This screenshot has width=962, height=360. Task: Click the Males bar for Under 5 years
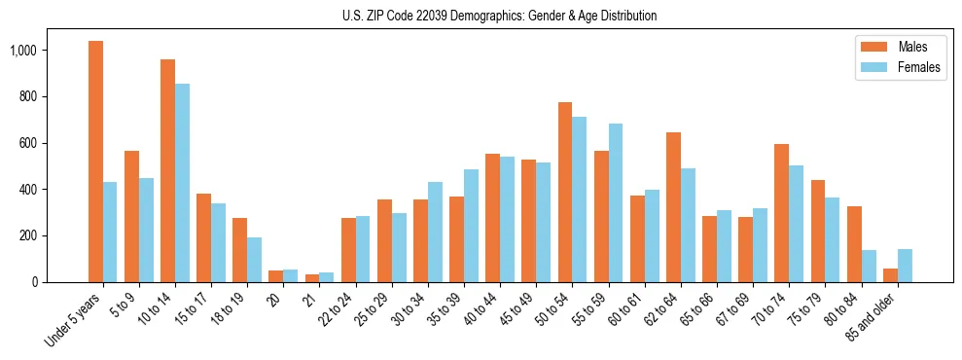coord(95,162)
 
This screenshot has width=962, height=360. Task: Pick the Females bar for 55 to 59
coord(616,202)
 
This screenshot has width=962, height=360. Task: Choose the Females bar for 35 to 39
coord(471,226)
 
